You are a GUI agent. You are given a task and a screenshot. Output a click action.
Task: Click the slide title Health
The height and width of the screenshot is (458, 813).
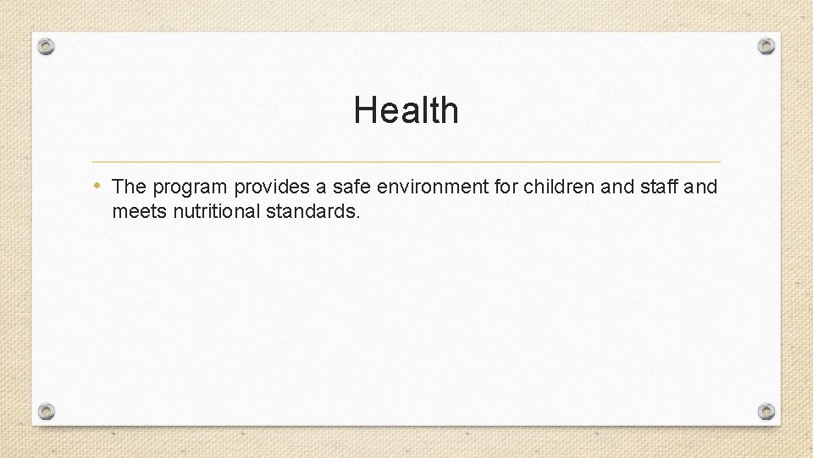[x=406, y=110]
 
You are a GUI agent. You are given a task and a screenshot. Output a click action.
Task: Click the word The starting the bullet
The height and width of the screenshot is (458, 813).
[x=130, y=187]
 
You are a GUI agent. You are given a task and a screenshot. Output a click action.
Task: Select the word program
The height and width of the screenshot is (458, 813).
[x=190, y=187]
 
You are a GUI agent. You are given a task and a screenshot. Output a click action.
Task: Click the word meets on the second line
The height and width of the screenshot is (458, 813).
[x=139, y=211]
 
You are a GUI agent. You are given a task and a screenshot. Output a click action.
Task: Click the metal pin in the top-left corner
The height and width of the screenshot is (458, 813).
[x=47, y=46]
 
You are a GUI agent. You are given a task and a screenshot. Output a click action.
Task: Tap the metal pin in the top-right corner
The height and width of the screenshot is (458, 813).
[x=766, y=46]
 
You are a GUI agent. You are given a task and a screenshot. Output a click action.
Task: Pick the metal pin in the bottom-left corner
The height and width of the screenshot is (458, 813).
[x=47, y=411]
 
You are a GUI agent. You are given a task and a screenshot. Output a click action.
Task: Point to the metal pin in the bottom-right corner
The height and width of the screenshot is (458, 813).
[x=766, y=411]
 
